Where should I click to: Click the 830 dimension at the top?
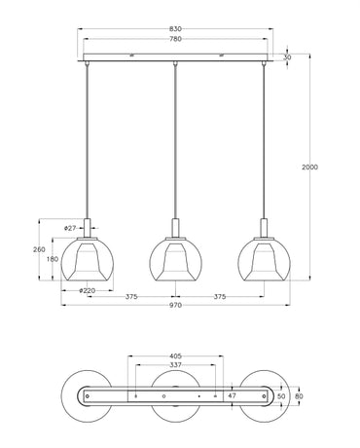tap(175, 31)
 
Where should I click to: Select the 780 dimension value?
tap(175, 41)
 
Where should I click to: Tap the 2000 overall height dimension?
tap(309, 168)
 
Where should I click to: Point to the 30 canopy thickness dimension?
tap(286, 58)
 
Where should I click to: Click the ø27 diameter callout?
tap(70, 228)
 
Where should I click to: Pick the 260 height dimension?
tap(39, 249)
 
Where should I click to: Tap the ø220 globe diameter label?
tap(87, 290)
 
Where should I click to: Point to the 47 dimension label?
tap(232, 396)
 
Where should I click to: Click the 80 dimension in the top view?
tap(299, 396)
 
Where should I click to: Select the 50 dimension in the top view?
tap(282, 396)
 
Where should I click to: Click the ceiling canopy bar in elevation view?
tap(175, 58)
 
